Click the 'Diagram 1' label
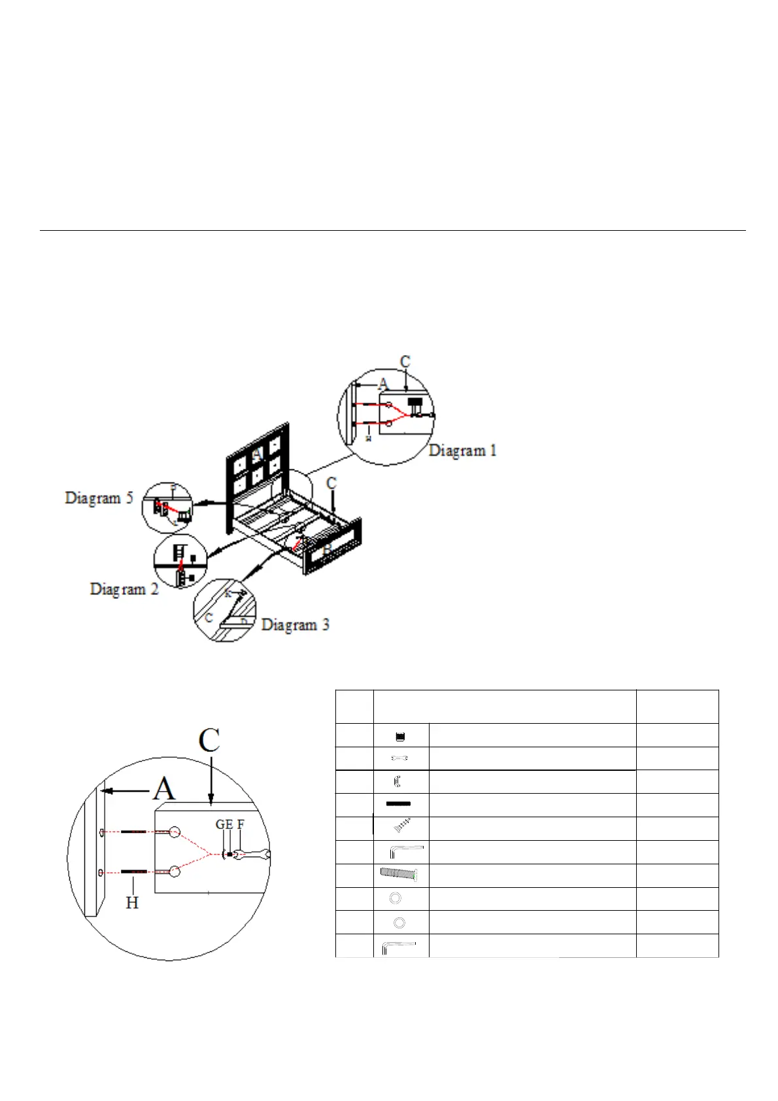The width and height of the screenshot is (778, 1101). click(x=462, y=450)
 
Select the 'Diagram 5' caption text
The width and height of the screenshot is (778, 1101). click(x=99, y=498)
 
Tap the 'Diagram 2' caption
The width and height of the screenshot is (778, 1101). click(x=124, y=588)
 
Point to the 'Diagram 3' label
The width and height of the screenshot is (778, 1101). click(x=295, y=624)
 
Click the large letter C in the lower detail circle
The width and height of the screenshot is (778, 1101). click(x=209, y=741)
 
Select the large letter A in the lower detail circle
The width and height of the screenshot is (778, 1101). click(x=164, y=788)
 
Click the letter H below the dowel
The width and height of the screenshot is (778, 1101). click(x=132, y=903)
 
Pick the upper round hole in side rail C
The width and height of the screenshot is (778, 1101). click(x=175, y=832)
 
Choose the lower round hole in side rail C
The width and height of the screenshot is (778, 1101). click(x=175, y=872)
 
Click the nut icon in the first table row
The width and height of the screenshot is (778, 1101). click(x=401, y=737)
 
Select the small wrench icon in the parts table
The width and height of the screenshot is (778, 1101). click(x=399, y=758)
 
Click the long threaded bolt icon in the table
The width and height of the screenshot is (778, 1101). click(x=399, y=874)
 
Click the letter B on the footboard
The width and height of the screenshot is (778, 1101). click(x=327, y=550)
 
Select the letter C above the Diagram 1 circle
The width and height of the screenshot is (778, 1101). click(x=405, y=362)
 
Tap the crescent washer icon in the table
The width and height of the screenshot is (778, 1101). click(x=397, y=781)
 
